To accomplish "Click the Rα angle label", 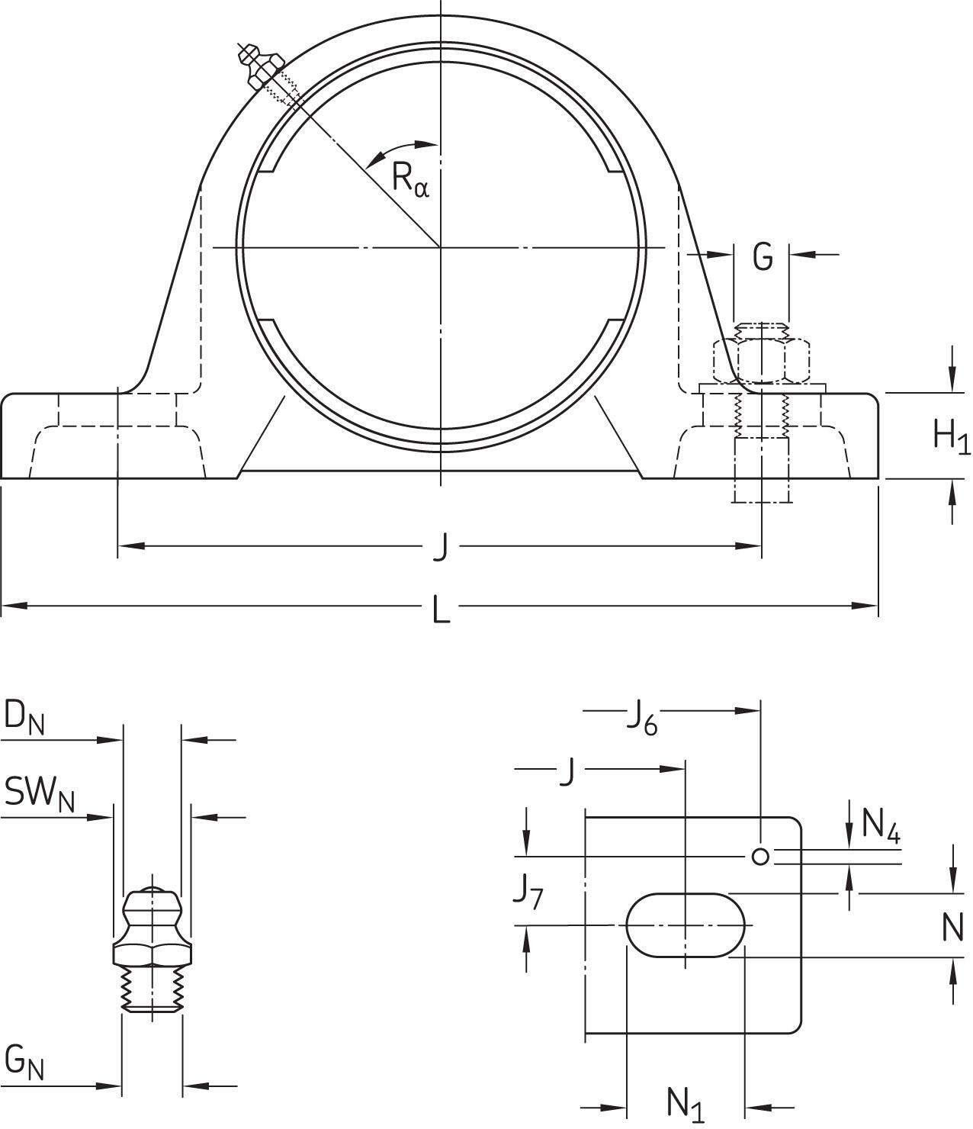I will coord(410,180).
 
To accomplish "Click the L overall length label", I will coord(441,609).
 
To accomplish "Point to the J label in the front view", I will coord(440,547).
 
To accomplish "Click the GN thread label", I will coord(24,1062).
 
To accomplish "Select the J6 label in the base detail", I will coord(641,719).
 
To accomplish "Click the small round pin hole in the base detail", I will coord(760,857).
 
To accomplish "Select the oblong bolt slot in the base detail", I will coord(685,925).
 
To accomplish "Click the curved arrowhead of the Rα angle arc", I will coord(374,161).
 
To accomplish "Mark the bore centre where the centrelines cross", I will coord(441,246).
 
